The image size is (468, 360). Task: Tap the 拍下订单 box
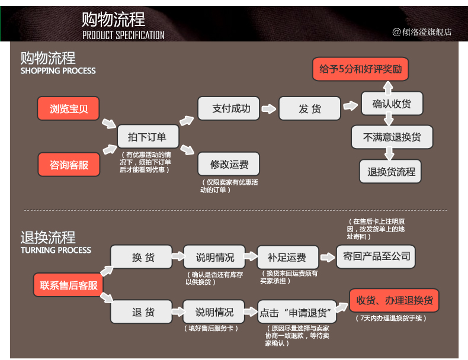point(147,137)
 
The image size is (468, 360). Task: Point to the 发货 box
point(309,108)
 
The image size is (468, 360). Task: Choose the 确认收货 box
point(391,104)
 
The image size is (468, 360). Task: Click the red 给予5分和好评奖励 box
point(360,69)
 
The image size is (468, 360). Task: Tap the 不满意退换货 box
point(392,137)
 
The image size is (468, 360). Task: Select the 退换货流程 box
point(391,171)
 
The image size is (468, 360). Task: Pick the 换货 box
point(143,257)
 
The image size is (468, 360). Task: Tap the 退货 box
point(143,312)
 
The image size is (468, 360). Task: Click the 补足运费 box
point(287,257)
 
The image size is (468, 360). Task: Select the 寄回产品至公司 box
point(376,256)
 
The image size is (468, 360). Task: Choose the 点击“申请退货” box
point(297,312)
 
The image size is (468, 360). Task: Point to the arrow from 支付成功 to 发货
point(269,109)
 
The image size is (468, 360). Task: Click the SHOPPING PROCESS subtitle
point(58,71)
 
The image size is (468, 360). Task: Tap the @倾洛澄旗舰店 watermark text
point(422,32)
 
